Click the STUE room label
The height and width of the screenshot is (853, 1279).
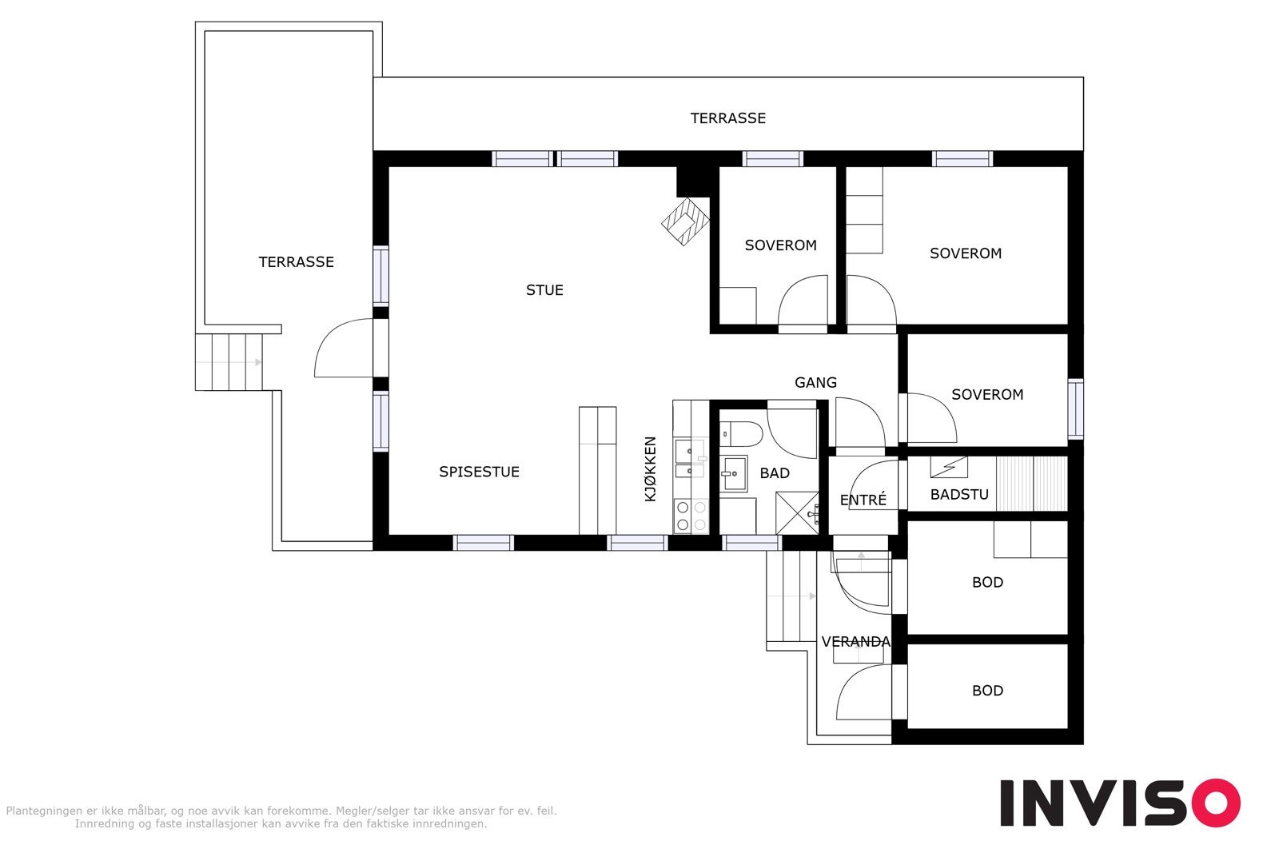pos(544,290)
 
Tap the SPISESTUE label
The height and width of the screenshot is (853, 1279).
pos(479,472)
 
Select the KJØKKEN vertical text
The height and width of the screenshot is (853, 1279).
pos(651,468)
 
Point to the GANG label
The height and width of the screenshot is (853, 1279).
pos(815,383)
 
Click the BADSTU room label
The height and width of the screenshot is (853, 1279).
pos(959,494)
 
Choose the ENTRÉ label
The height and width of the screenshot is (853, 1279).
pos(863,500)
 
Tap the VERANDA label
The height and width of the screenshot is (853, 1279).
pos(855,642)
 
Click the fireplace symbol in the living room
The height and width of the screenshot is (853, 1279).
pos(685,221)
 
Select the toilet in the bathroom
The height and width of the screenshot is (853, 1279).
pos(740,434)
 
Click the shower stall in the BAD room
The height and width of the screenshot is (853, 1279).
pos(797,512)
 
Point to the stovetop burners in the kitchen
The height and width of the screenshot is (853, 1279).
pos(691,516)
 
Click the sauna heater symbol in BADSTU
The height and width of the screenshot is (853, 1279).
pos(948,467)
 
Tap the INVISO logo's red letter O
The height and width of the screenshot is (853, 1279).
pos(1216,803)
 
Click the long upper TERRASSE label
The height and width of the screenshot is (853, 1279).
pos(727,118)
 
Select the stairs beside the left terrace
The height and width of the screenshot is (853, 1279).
pos(229,362)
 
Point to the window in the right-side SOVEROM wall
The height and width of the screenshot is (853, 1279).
pos(1076,409)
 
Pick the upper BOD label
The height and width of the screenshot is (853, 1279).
pos(987,582)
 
